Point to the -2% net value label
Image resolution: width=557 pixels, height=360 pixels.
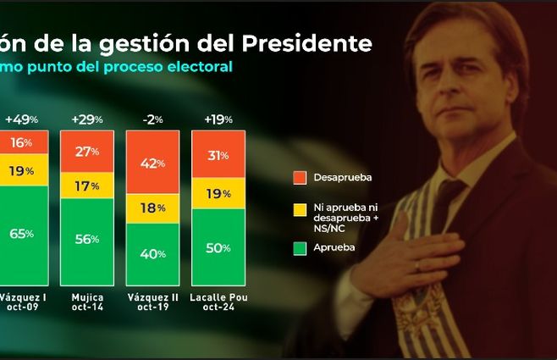pyautogui.click(x=152, y=118)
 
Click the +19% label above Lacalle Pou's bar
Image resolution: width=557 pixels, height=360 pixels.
pyautogui.click(x=218, y=118)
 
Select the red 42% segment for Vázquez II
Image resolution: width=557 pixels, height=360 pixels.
pyautogui.click(x=152, y=164)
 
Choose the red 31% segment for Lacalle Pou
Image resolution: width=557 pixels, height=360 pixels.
pyautogui.click(x=218, y=155)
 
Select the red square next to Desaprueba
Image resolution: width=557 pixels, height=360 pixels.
pyautogui.click(x=297, y=178)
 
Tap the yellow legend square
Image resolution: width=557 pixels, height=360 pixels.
pyautogui.click(x=297, y=208)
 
